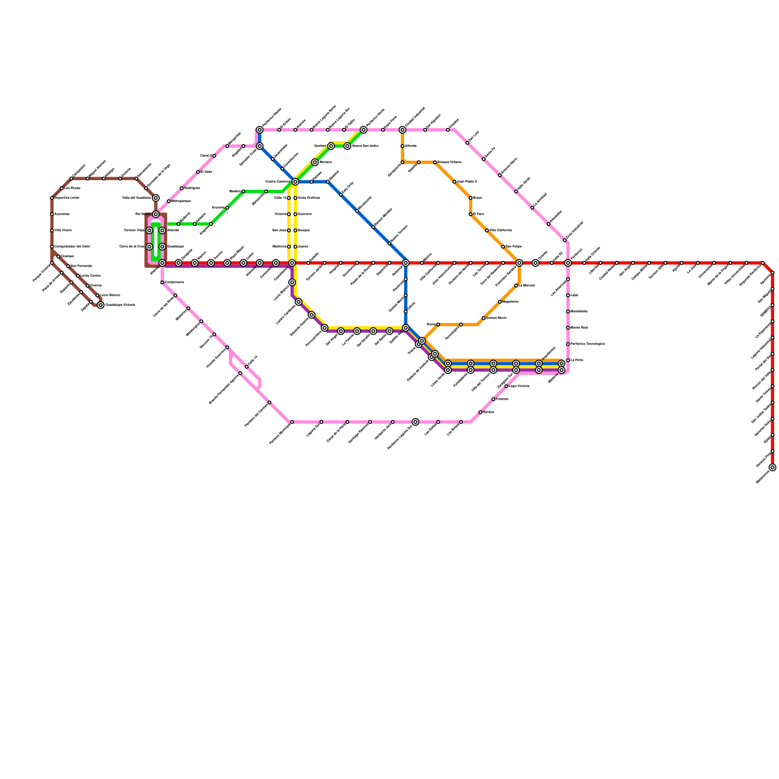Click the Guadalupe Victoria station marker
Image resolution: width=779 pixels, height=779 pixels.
click(100, 305)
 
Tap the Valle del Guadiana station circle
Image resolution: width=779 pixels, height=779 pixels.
click(156, 198)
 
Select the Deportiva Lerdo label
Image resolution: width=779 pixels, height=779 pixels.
click(67, 198)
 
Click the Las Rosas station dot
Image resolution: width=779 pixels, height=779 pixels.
click(62, 188)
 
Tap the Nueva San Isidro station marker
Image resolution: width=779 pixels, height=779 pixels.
click(347, 146)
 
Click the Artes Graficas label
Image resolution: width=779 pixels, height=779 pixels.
click(309, 198)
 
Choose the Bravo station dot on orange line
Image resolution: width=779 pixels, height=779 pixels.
click(470, 198)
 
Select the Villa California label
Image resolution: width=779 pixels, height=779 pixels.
click(501, 230)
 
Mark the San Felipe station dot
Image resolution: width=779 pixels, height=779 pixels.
click(503, 247)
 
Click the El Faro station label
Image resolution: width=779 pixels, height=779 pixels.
click(479, 214)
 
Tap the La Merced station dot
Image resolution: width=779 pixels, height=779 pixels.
click(516, 286)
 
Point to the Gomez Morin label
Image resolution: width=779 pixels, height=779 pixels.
click(497, 318)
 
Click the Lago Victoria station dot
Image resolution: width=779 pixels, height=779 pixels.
click(506, 386)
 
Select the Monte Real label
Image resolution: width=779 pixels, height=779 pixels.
click(579, 328)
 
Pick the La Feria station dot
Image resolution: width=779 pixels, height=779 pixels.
click(568, 360)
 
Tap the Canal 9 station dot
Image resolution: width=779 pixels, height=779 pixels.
click(214, 156)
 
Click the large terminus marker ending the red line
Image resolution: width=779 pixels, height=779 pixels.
click(772, 467)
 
